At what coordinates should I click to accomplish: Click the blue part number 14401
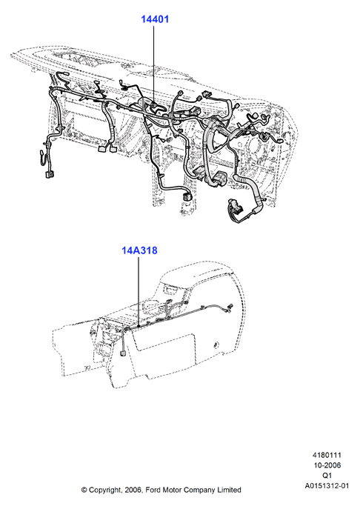[x=155, y=19]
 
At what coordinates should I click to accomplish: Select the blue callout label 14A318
[x=139, y=250]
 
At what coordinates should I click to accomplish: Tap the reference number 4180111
[x=327, y=455]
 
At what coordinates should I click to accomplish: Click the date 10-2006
[x=327, y=465]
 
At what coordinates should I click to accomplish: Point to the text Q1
[x=327, y=476]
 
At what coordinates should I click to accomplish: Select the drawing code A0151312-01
[x=327, y=486]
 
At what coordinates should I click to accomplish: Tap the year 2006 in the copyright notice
[x=133, y=490]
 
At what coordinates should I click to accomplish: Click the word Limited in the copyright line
[x=229, y=490]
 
